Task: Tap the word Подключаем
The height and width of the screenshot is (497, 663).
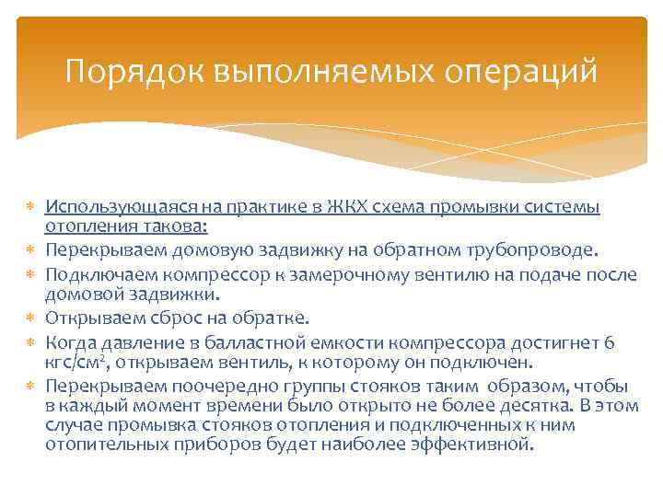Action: click(96, 273)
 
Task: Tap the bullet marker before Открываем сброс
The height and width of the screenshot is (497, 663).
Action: click(32, 319)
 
